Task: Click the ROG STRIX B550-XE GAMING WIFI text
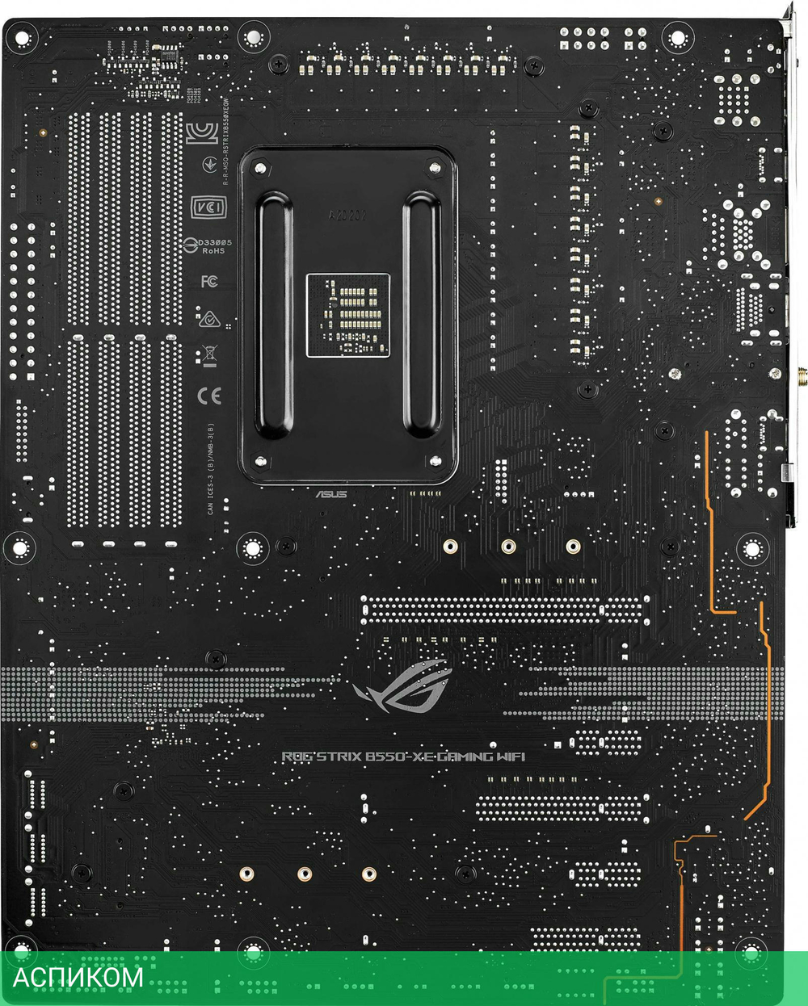coord(403,757)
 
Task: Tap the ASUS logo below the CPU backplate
coord(331,493)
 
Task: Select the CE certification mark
coord(209,396)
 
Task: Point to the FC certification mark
coord(209,281)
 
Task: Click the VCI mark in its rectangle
coord(208,207)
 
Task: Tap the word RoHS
coord(213,251)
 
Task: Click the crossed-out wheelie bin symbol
coord(209,354)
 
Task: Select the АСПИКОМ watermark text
coord(78,977)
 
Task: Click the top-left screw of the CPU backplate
coord(260,169)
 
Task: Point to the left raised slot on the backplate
coord(276,315)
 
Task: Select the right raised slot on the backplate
coord(421,315)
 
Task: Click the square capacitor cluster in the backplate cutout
coord(348,315)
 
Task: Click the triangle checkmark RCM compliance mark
coord(209,318)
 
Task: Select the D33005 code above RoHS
coord(215,242)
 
